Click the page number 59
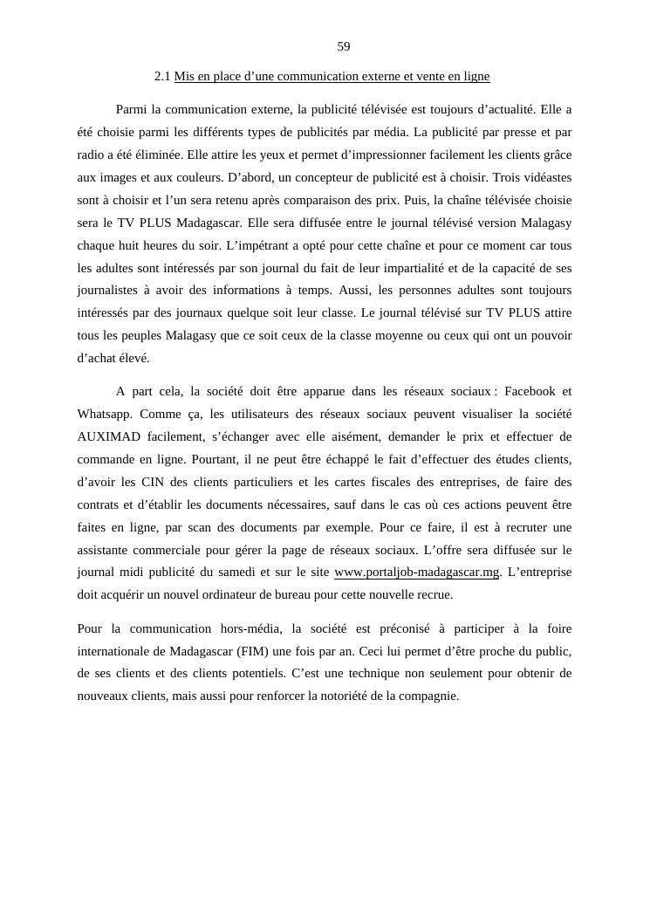tap(344, 46)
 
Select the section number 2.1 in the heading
tap(162, 77)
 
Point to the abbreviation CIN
tap(154, 482)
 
